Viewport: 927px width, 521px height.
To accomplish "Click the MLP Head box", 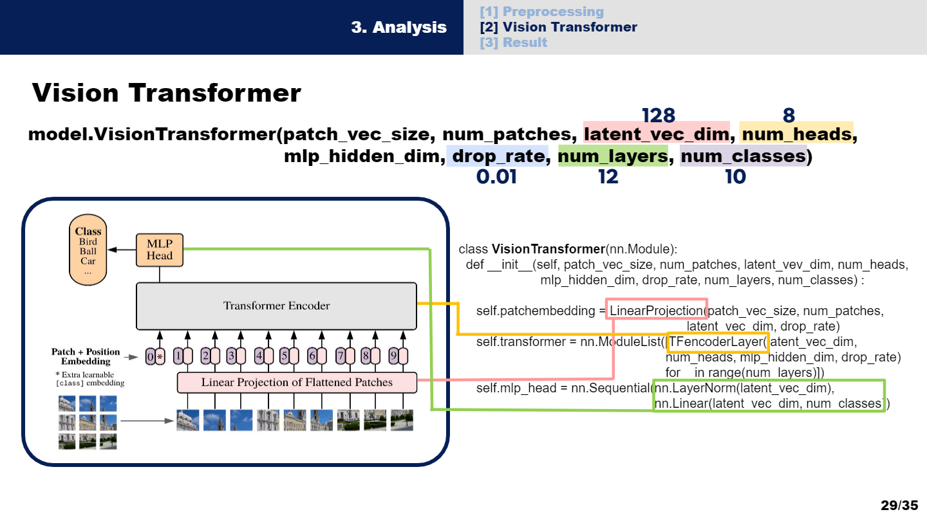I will coord(159,250).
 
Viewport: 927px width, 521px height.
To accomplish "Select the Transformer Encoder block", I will coord(276,306).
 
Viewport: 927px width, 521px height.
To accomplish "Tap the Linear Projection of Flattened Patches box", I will coord(297,383).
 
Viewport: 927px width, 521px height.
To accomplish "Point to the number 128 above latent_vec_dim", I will coord(658,115).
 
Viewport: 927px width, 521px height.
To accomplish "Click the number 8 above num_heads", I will coord(789,115).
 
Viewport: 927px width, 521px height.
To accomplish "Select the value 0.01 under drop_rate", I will coord(496,176).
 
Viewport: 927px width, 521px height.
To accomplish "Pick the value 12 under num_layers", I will coord(608,176).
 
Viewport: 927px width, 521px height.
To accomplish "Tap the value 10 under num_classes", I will coord(735,176).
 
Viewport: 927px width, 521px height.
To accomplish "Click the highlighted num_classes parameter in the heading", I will coord(743,156).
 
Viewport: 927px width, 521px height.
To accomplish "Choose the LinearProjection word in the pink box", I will coord(656,311).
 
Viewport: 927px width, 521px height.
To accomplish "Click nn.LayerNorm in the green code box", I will coord(694,388).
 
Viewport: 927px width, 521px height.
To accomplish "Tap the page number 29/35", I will coord(899,505).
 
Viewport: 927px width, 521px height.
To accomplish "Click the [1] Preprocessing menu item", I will coord(541,12).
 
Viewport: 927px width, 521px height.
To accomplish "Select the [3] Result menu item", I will coord(513,42).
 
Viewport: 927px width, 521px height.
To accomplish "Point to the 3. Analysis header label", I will coord(398,28).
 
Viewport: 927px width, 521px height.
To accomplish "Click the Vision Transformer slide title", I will coord(167,93).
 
